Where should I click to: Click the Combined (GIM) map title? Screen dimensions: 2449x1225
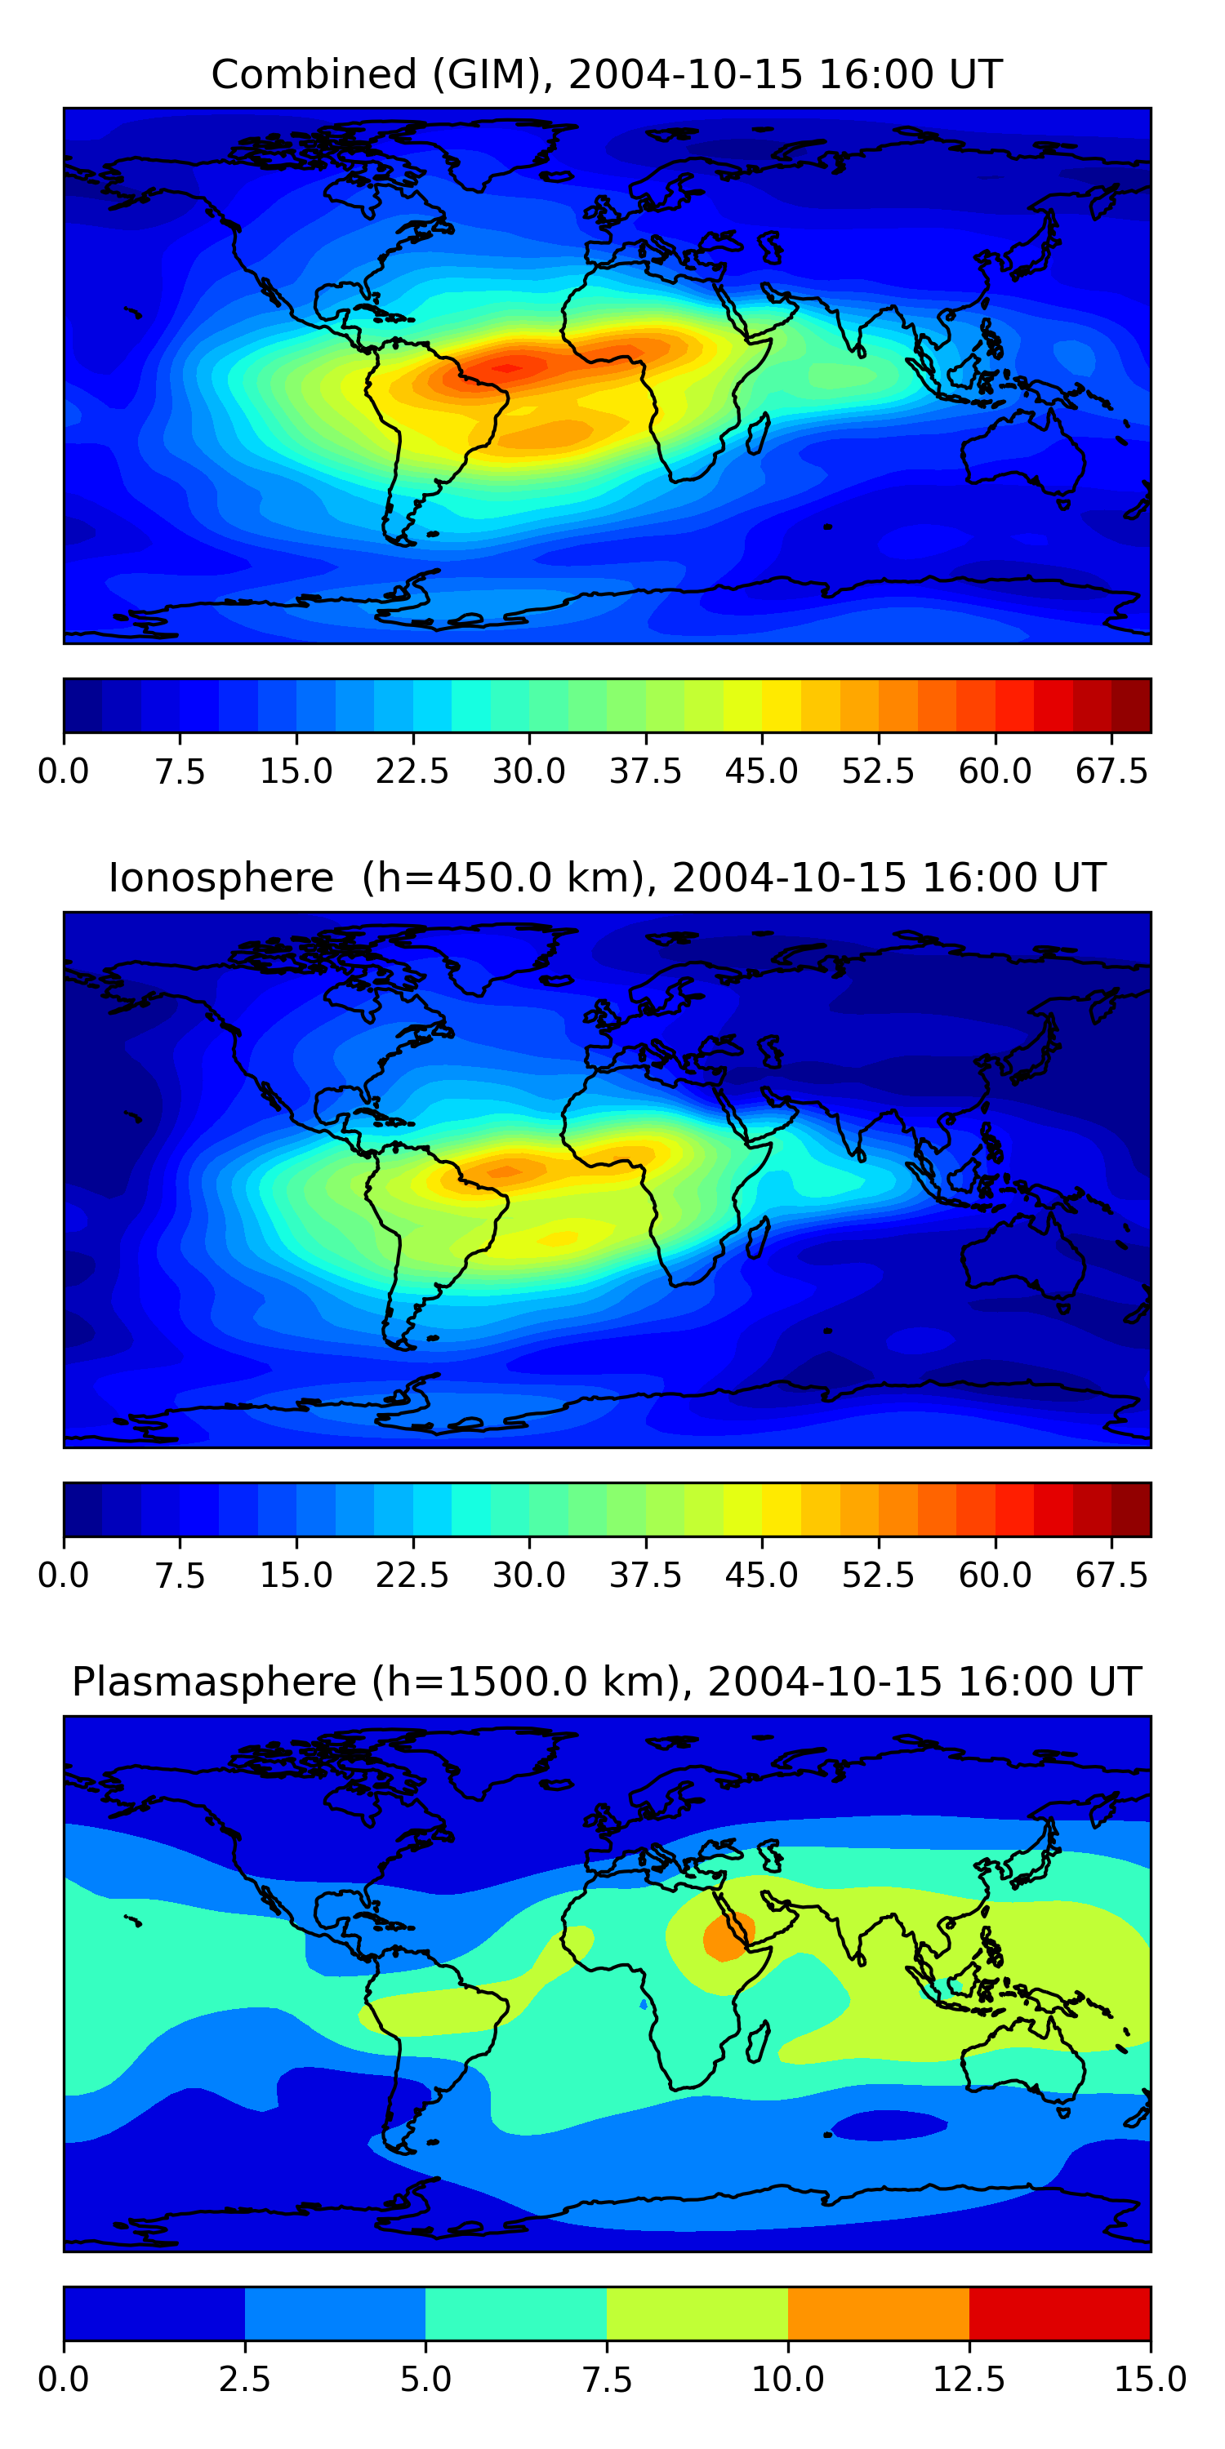pos(607,74)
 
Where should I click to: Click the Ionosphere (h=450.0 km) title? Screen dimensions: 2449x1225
pos(607,878)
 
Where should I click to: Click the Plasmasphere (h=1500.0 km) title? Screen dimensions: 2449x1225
pos(607,1682)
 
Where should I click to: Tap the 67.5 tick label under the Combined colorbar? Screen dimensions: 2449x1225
pos(1111,771)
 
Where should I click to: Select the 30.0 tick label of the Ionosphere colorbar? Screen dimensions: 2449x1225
pos(529,1575)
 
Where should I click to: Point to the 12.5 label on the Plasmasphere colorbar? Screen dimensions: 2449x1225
pos(969,2379)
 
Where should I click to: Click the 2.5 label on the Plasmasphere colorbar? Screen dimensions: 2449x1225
pos(244,2379)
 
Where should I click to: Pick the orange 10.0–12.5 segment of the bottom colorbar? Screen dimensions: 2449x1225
pos(878,2313)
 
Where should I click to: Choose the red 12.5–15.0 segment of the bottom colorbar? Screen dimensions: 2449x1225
pos(1059,2313)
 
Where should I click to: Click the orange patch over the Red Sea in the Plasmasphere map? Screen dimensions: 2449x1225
pos(727,1936)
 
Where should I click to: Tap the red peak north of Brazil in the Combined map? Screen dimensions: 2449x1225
pos(509,367)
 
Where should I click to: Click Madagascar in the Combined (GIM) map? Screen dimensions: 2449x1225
pos(758,433)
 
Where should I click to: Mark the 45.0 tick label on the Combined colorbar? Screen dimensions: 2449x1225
pos(762,771)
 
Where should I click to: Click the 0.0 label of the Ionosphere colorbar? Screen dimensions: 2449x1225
pos(64,1575)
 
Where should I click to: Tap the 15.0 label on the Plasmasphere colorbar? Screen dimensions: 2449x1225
pos(1150,2379)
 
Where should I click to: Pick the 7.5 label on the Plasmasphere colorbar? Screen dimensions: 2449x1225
pos(607,2379)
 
